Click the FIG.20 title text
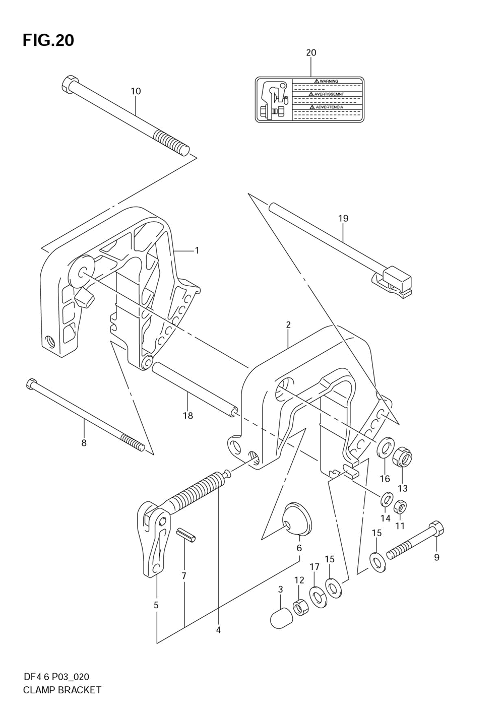click(48, 40)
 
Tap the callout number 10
click(136, 91)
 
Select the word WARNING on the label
click(329, 81)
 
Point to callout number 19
click(343, 218)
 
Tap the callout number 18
click(188, 416)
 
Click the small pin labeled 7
click(186, 535)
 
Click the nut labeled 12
click(301, 607)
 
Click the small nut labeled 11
click(400, 505)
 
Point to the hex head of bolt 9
click(436, 530)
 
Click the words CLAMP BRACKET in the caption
click(62, 690)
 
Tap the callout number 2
click(288, 325)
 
